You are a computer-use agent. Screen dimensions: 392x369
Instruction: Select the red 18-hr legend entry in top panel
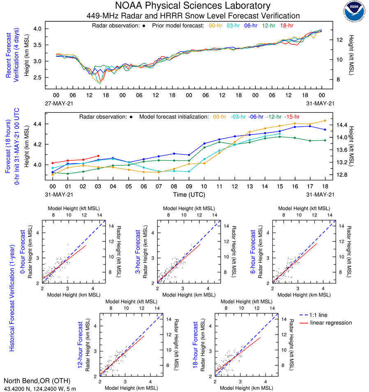pos(286,26)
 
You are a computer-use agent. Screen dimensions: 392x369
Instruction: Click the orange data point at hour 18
pos(325,121)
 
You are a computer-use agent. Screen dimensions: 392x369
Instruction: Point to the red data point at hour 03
pos(98,156)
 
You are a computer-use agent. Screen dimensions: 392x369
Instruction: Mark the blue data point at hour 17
pos(310,126)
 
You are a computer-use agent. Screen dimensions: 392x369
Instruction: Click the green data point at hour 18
pos(325,140)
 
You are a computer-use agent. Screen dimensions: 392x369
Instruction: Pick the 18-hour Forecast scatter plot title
pos(197,344)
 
